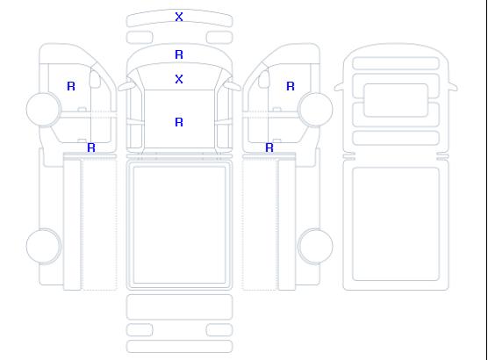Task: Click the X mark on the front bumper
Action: coord(179,17)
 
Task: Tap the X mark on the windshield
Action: coord(179,79)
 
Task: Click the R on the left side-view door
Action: coord(71,86)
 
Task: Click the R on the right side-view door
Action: coord(291,86)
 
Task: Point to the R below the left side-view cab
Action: coord(91,148)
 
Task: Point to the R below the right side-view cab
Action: coord(269,148)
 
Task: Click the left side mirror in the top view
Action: coord(126,86)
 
